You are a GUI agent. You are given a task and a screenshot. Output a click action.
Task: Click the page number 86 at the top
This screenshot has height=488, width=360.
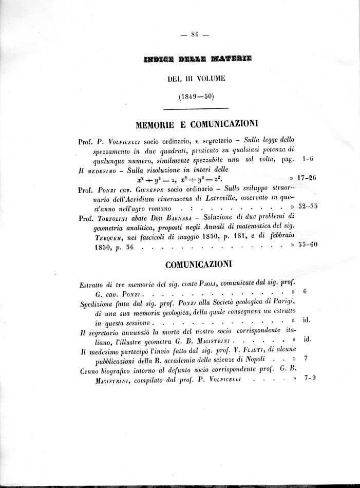pyautogui.click(x=195, y=35)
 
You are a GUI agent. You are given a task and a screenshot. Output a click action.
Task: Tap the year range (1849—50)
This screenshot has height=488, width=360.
pyautogui.click(x=195, y=96)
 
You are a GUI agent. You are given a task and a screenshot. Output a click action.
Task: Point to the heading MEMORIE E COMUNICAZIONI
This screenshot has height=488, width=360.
pyautogui.click(x=197, y=124)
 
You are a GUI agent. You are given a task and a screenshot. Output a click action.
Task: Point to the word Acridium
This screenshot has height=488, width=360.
pyautogui.click(x=150, y=198)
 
